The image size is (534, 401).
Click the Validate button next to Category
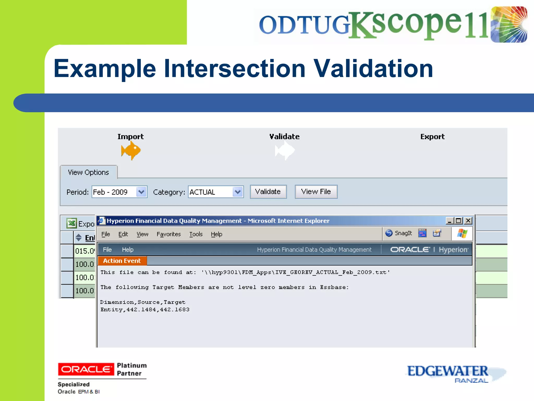[x=268, y=192]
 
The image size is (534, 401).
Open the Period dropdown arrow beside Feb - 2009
[x=141, y=192]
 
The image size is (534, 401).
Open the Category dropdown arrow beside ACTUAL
[x=238, y=192]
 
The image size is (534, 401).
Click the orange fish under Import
[x=131, y=150]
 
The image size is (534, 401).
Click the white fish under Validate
[x=285, y=151]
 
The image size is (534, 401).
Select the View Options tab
[x=88, y=172]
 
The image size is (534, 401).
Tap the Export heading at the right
[x=432, y=137]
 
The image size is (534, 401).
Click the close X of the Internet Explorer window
[x=468, y=221]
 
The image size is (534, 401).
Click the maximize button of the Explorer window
[x=459, y=221]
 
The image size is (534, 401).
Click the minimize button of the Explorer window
[x=449, y=221]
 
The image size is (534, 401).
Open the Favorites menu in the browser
[x=168, y=234]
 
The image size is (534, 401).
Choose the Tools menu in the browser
[x=196, y=234]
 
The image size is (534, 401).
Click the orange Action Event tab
[x=122, y=261]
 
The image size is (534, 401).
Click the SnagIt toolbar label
[x=403, y=233]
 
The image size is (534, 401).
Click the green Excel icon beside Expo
[x=71, y=223]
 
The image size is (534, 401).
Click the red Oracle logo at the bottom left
[x=86, y=369]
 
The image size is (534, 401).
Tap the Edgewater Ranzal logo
[x=454, y=373]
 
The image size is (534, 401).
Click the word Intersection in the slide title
[x=234, y=68]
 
